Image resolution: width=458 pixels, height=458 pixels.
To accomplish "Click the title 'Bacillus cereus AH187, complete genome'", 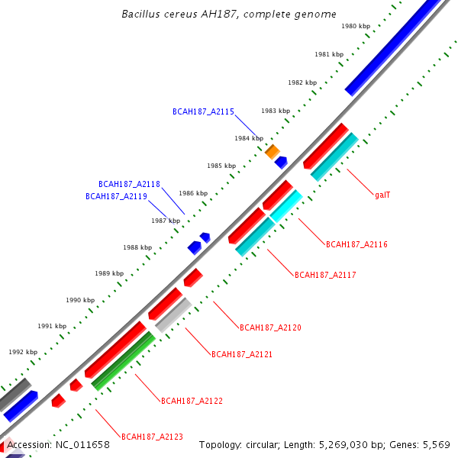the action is click(x=228, y=15).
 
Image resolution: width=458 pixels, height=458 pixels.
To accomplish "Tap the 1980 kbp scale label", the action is click(x=355, y=26).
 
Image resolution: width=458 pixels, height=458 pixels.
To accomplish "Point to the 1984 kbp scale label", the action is click(x=248, y=138).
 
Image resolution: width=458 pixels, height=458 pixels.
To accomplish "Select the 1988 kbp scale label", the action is click(x=137, y=247).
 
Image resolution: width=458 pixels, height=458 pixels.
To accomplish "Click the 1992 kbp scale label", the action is click(x=23, y=353).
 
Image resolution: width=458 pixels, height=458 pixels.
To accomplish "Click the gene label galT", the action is click(x=382, y=195).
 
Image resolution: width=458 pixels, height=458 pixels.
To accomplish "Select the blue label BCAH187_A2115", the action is click(x=203, y=111).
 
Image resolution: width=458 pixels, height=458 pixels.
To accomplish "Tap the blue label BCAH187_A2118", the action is click(x=129, y=184).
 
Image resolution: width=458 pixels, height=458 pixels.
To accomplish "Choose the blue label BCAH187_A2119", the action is click(x=116, y=196).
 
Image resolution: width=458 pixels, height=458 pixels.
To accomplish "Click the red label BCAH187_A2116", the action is click(x=356, y=244).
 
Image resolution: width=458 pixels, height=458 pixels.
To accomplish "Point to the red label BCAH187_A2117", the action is click(x=325, y=275).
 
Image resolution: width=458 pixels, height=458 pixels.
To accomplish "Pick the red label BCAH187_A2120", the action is click(x=270, y=327).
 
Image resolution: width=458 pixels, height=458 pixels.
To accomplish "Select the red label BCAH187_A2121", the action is click(x=242, y=354).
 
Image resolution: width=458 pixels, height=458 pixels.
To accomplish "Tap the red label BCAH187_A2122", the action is click(x=192, y=400).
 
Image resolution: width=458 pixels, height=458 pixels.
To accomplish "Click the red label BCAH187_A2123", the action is click(x=152, y=437).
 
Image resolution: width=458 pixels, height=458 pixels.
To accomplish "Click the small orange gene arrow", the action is click(x=272, y=151).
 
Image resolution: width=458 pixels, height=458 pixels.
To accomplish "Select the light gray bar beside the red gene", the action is click(x=173, y=314).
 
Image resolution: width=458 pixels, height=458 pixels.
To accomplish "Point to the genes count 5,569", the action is click(x=436, y=445).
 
